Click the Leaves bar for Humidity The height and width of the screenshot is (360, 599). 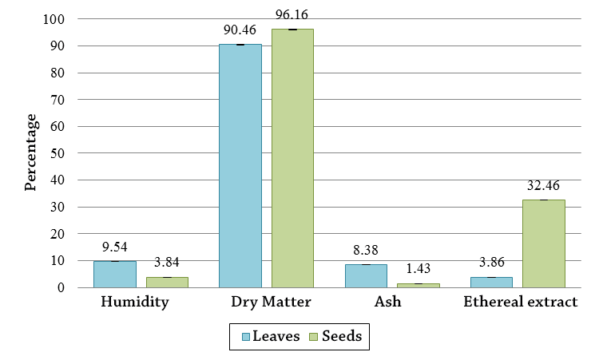(x=114, y=274)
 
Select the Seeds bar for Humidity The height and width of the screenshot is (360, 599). (x=167, y=282)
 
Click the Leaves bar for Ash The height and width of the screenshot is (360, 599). (x=366, y=275)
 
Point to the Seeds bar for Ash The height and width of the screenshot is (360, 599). (x=419, y=285)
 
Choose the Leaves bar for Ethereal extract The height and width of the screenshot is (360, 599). (x=491, y=282)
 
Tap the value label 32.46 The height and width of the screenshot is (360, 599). (x=543, y=185)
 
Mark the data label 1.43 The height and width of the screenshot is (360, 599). (x=419, y=268)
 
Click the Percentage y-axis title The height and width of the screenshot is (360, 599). (x=31, y=152)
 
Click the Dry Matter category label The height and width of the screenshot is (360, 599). (x=266, y=302)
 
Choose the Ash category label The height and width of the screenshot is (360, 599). (x=392, y=302)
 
